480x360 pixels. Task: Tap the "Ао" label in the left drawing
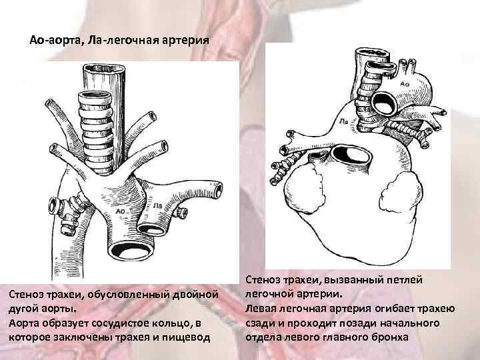[121, 211]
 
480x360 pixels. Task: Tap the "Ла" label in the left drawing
[158, 207]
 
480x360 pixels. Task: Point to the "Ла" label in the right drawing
[343, 122]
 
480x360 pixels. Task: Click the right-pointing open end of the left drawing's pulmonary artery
[181, 212]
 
